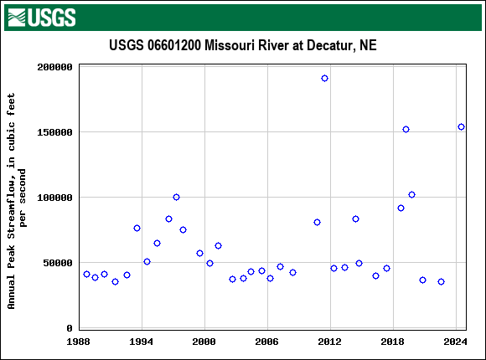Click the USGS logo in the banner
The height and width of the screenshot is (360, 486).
pos(41,17)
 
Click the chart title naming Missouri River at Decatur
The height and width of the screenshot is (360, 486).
pos(243,45)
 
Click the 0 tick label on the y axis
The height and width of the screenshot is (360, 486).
pos(70,328)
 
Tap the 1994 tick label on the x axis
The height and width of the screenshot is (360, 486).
pos(142,342)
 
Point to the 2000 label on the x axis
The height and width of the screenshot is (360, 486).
pos(204,342)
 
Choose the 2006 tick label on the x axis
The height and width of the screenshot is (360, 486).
pos(267,342)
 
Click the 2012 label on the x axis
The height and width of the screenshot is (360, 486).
pos(330,342)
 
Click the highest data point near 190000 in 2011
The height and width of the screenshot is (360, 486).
pos(324,78)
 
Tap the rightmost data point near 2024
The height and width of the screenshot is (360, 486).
pos(461,126)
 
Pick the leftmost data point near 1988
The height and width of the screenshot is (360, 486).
pos(86,274)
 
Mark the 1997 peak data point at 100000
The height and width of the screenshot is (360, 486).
pos(176,197)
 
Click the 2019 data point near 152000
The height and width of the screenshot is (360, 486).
pos(406,129)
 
